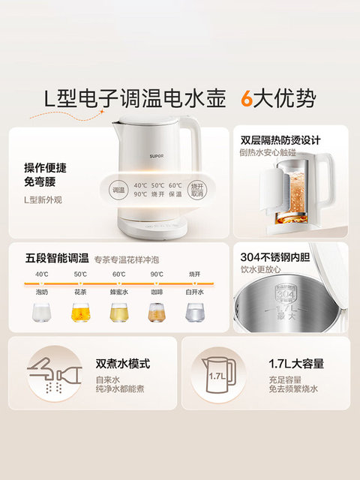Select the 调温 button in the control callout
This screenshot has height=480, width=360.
click(x=118, y=190)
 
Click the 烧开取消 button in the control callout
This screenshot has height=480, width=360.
click(x=196, y=190)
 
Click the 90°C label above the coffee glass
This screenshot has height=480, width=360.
click(x=157, y=274)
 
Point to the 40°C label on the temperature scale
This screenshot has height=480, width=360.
click(x=41, y=274)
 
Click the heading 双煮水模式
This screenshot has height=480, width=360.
click(x=123, y=364)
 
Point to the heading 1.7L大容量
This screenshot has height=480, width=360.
click(x=297, y=364)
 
